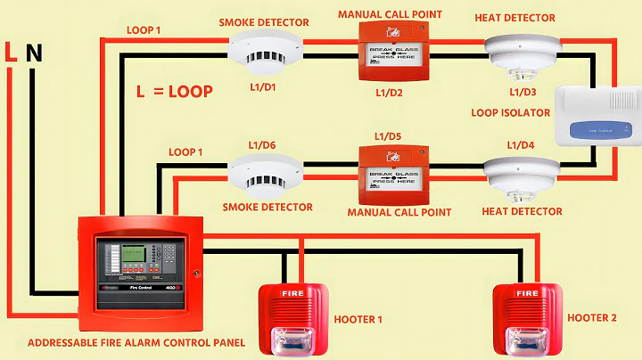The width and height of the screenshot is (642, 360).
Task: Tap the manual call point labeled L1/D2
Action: click(392, 53)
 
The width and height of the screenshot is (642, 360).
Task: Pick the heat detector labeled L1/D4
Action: click(521, 175)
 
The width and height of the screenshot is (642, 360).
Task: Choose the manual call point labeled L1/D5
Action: click(392, 174)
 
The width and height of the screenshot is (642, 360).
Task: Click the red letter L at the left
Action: click(11, 53)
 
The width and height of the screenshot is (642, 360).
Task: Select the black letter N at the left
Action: click(34, 53)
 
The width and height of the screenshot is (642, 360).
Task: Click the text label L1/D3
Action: click(523, 92)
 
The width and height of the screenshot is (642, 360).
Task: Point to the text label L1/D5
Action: click(390, 136)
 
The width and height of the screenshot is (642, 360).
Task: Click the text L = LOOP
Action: click(174, 91)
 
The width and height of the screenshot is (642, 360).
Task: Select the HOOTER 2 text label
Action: click(597, 317)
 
